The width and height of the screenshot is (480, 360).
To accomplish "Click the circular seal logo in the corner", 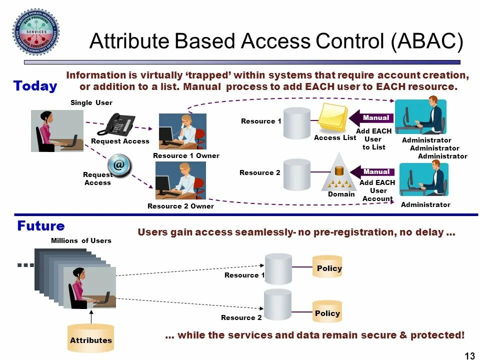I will pyautogui.click(x=36, y=31).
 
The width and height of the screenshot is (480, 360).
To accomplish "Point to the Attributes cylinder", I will pyautogui.click(x=91, y=338).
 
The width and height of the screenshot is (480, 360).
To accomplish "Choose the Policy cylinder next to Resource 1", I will pyautogui.click(x=327, y=267).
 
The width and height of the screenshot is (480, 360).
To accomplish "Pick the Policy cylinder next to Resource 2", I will pyautogui.click(x=327, y=312).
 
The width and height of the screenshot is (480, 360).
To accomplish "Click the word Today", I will pyautogui.click(x=35, y=86).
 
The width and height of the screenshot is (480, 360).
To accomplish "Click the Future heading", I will pyautogui.click(x=41, y=225).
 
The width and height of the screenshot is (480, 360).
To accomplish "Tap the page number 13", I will pyautogui.click(x=469, y=355).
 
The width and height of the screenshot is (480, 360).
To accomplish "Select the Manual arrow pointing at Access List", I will pyautogui.click(x=372, y=118).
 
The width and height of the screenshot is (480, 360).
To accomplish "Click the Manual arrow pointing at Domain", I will pyautogui.click(x=372, y=172).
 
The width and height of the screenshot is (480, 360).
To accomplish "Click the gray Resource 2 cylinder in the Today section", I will pyautogui.click(x=297, y=174).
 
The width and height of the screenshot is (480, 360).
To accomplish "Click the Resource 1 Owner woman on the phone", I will pyautogui.click(x=182, y=131).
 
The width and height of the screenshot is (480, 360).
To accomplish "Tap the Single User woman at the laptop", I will pyautogui.click(x=57, y=130).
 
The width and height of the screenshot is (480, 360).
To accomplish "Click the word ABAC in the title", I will pyautogui.click(x=427, y=41).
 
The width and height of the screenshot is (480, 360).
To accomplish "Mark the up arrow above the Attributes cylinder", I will pyautogui.click(x=91, y=316).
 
